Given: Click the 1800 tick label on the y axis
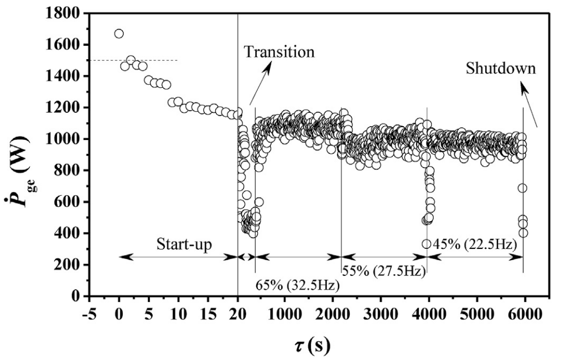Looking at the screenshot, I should tap(63, 13).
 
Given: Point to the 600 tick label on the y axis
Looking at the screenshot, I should tap(67, 202).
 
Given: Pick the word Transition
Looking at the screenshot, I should tap(279, 52).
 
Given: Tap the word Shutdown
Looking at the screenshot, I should tap(500, 69).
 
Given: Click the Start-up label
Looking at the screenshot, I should tap(184, 244).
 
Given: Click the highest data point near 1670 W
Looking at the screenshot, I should tap(119, 34).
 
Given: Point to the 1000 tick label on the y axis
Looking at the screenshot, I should tap(63, 139).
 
